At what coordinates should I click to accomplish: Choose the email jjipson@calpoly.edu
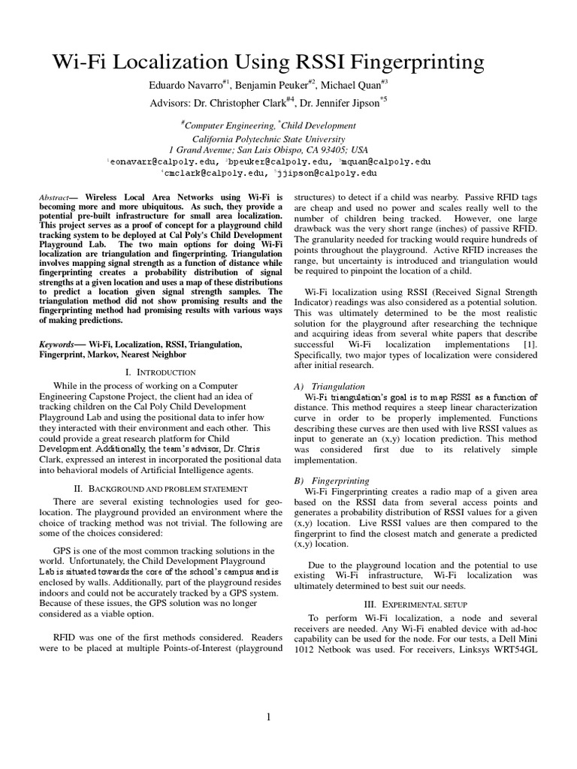[x=328, y=173]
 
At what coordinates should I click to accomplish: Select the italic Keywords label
[x=57, y=344]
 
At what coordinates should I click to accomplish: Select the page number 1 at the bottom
[x=268, y=717]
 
